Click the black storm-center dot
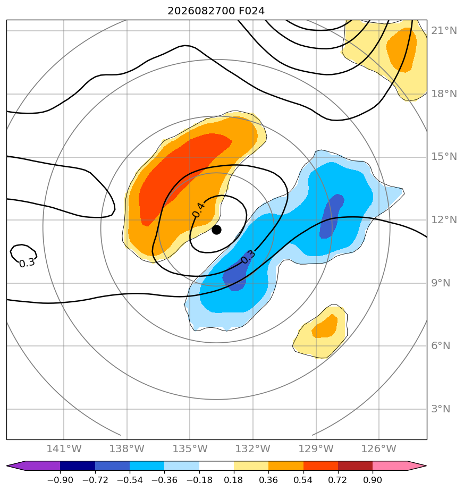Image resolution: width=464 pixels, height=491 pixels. click(216, 230)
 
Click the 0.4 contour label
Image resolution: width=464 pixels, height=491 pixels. click(199, 210)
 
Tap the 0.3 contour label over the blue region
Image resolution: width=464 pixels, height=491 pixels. click(248, 257)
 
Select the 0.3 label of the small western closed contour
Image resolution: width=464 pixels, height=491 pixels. click(27, 263)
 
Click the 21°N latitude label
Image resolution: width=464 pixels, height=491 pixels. click(444, 31)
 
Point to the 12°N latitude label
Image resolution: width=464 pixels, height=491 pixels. click(444, 220)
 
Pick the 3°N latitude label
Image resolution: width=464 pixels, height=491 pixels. click(441, 409)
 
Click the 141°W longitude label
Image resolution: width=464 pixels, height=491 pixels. click(64, 448)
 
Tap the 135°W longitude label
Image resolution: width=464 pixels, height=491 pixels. click(190, 448)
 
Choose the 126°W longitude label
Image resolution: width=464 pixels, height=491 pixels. click(379, 448)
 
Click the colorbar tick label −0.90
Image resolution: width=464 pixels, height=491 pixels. click(60, 480)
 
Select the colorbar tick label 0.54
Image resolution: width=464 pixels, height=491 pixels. click(303, 480)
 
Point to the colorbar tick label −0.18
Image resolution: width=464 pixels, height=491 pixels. click(199, 480)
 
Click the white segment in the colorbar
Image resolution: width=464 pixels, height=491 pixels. click(216, 466)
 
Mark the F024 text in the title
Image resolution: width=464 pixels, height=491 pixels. click(251, 11)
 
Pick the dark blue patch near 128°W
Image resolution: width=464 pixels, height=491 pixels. click(331, 216)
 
